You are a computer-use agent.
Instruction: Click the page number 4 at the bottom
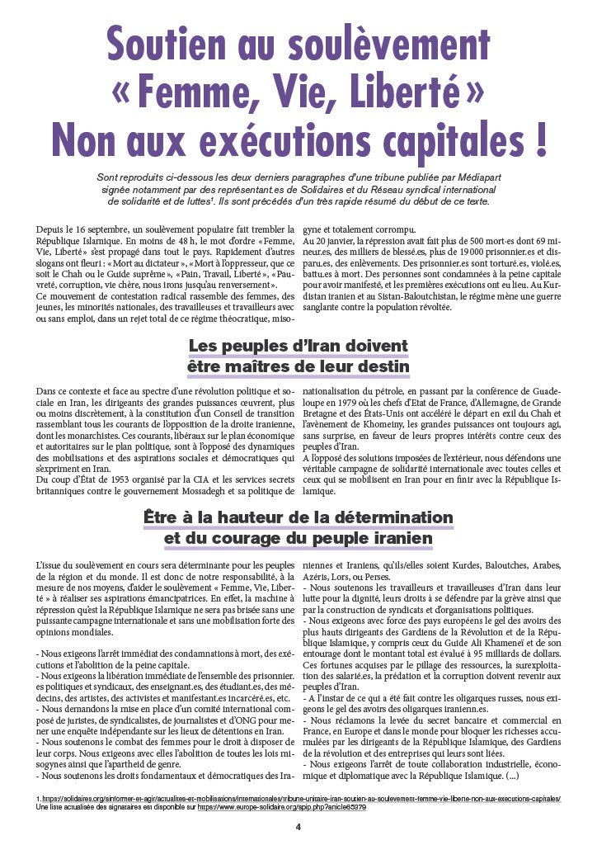point(298,825)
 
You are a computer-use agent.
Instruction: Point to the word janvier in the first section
point(336,241)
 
